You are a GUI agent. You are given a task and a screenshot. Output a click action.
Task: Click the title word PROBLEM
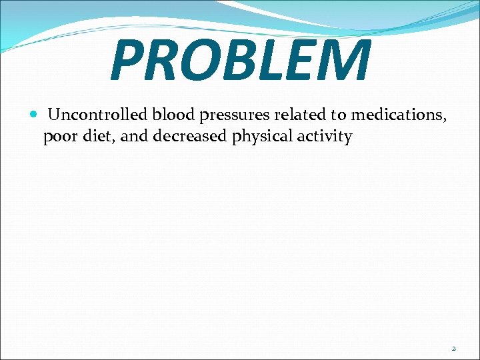coord(240,61)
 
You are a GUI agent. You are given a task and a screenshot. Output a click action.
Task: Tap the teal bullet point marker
coord(33,115)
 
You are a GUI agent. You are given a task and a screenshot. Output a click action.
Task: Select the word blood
coord(172,115)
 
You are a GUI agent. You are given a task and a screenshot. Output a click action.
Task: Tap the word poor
coord(58,137)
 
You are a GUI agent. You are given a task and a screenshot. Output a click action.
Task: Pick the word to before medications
coord(339,115)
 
